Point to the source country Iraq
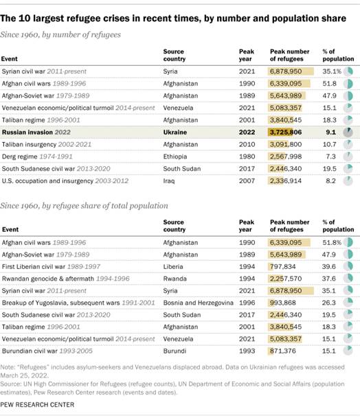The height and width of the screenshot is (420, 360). (x=170, y=180)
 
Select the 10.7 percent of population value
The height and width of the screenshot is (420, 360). (x=330, y=144)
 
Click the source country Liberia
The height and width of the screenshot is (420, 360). (x=173, y=266)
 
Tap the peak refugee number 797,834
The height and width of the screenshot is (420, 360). (x=287, y=266)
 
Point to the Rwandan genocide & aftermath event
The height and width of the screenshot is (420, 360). (x=52, y=279)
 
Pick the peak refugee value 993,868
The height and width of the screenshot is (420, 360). (x=287, y=303)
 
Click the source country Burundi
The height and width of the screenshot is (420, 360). (x=175, y=351)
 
